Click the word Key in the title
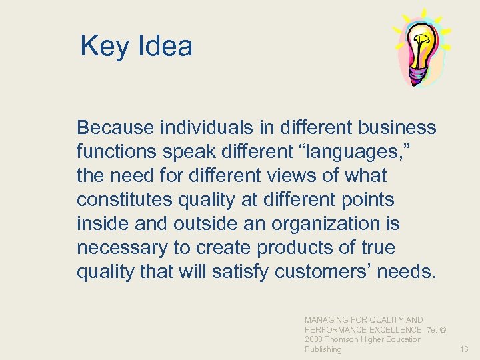[103, 47]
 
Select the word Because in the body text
[115, 127]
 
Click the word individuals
[199, 127]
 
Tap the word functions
[119, 151]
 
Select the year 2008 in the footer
[315, 339]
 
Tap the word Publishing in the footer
[323, 349]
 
